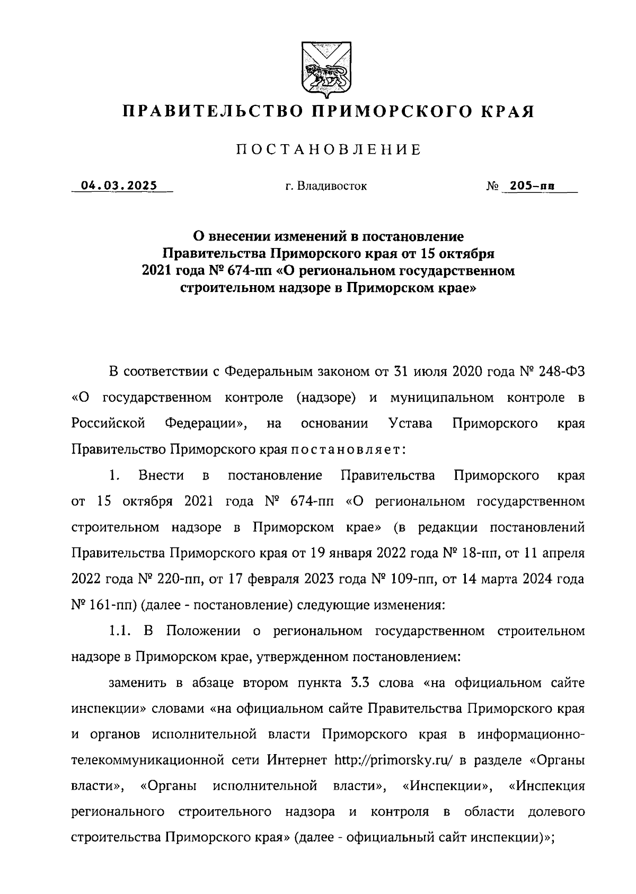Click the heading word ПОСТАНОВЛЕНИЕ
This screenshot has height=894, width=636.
pyautogui.click(x=329, y=150)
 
